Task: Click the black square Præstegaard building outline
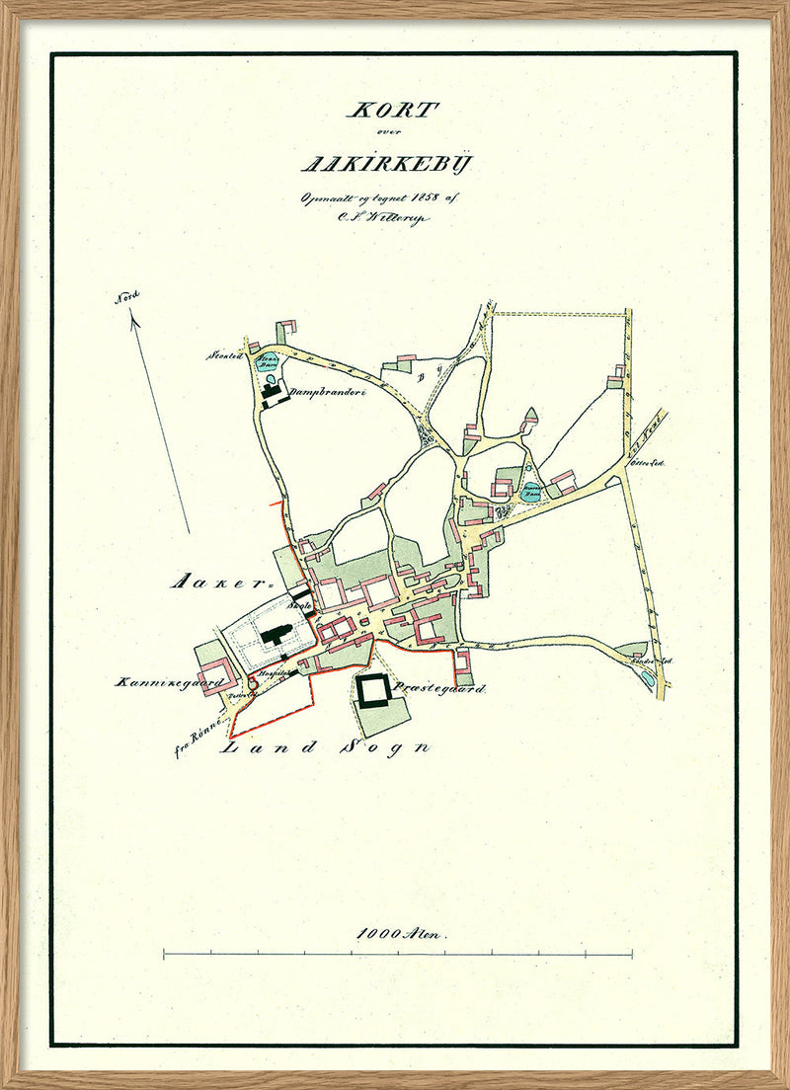(x=375, y=691)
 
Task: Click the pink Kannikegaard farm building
(x=219, y=674)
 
